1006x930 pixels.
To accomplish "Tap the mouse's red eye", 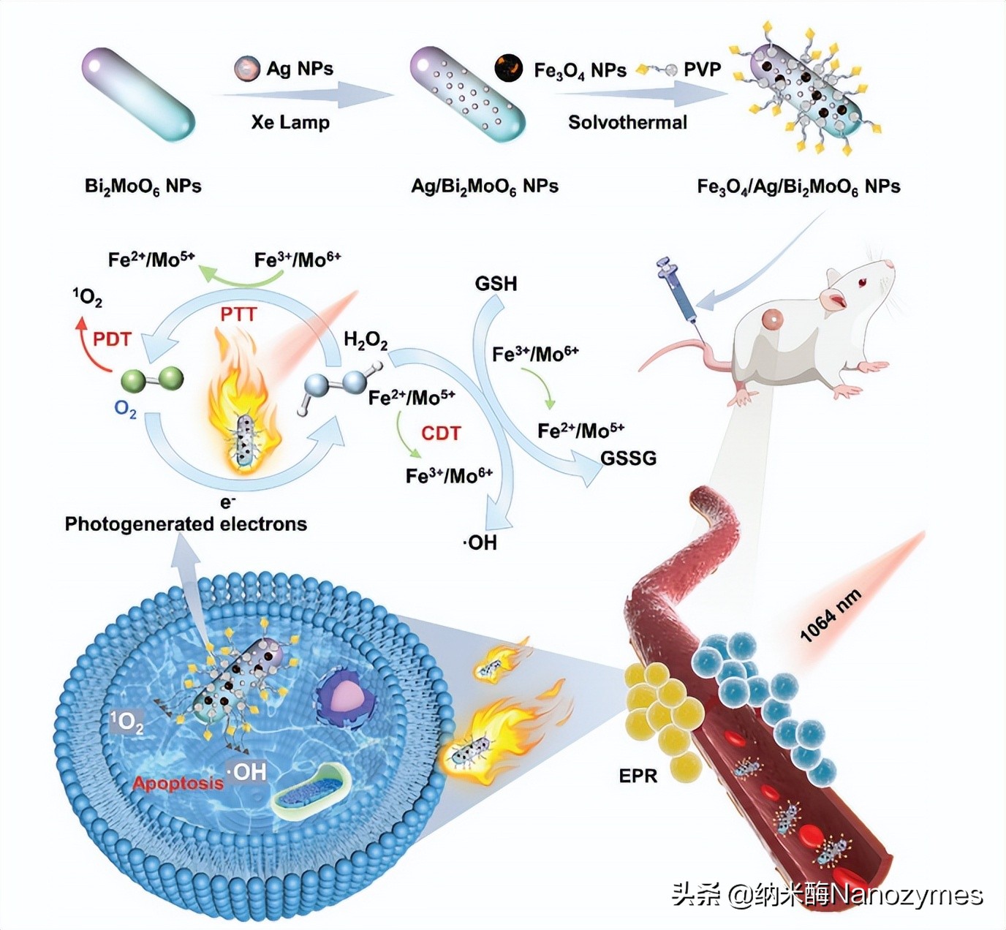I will pos(863,282).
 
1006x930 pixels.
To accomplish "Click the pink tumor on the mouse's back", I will pos(772,319).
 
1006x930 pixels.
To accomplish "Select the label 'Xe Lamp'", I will pos(290,122).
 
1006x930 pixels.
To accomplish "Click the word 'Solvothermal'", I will pos(627,122).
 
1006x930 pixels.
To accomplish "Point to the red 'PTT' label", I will pos(238,314).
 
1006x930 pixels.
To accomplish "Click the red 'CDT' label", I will pos(441,434).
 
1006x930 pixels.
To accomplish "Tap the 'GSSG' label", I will pos(628,458).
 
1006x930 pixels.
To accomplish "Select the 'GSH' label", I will pos(496,283).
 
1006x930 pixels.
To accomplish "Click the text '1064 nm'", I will pos(831,616).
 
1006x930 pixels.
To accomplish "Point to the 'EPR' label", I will pos(638,776).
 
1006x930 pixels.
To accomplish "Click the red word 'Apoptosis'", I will pos(178,783).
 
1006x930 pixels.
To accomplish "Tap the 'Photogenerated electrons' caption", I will pos(186,523).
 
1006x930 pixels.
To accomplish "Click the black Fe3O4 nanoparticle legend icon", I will pos(509,69).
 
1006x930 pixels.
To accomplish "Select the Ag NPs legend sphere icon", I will pos(247,69).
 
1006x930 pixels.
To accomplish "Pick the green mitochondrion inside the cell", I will pos(310,790).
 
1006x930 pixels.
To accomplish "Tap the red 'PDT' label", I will pos(112,339).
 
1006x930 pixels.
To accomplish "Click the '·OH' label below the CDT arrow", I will pos(480,542).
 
